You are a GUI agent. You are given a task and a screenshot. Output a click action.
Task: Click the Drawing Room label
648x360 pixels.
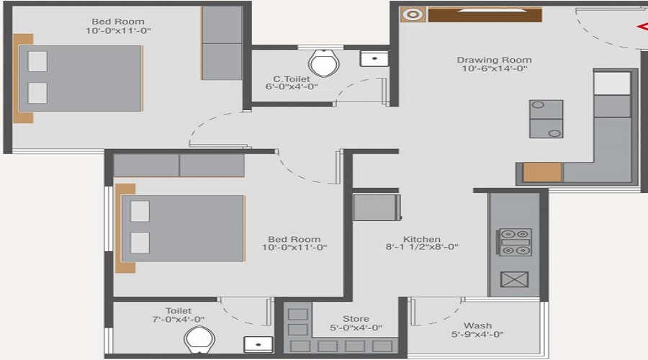(494, 60)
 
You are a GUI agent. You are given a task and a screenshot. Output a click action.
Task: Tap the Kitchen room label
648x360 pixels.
(421, 240)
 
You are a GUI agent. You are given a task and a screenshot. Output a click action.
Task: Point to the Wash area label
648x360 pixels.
(477, 326)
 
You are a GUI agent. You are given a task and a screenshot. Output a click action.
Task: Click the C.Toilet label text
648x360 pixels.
(292, 78)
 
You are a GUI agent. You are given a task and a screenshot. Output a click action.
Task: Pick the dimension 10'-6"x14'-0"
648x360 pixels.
(494, 70)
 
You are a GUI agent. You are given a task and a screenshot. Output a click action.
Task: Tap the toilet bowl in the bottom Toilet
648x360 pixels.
(197, 339)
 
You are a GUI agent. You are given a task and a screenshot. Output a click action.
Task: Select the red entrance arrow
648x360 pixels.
(642, 28)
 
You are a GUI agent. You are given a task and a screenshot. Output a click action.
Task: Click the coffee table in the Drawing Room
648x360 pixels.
(546, 120)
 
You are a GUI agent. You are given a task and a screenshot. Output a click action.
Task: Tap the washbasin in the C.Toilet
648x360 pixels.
(373, 59)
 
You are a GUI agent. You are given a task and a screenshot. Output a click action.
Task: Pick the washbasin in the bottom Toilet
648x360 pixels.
(258, 343)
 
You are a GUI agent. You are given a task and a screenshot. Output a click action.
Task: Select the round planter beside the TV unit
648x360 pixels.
(413, 14)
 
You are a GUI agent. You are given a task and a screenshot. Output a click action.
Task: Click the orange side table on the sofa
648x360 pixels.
(541, 173)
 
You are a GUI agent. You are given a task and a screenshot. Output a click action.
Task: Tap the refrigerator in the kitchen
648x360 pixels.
(377, 207)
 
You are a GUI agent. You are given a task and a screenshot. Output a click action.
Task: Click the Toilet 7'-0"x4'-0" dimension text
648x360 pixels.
(179, 320)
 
